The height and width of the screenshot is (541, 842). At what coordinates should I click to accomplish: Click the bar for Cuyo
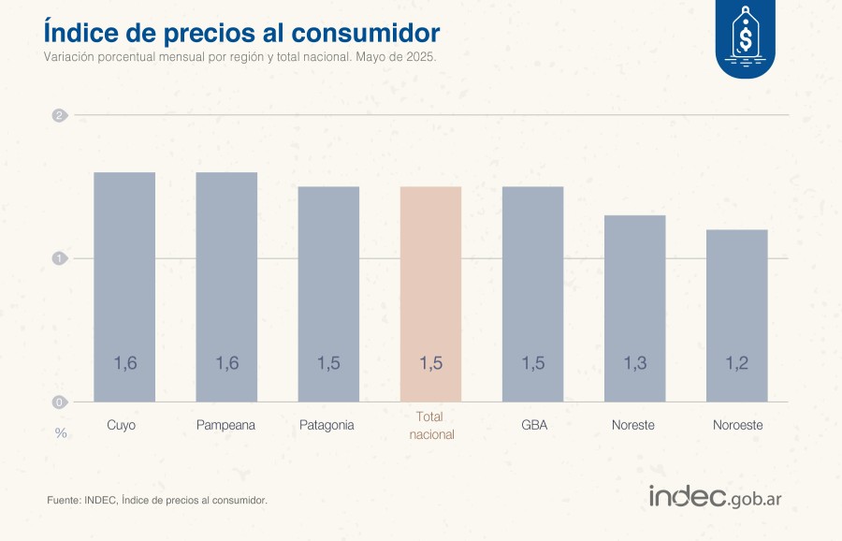tap(124, 285)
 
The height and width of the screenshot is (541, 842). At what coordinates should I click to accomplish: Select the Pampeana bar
tap(226, 285)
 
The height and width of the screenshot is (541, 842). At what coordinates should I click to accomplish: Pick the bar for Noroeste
tap(737, 314)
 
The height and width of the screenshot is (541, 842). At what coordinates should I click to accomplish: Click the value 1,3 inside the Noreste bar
tap(635, 363)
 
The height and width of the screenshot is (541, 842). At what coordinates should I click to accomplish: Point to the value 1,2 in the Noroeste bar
tap(737, 363)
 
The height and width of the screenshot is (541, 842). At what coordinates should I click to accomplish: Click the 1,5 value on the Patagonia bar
tap(328, 363)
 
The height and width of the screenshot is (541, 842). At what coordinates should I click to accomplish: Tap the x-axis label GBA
tap(534, 425)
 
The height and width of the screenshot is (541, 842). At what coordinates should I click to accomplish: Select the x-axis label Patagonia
tap(327, 425)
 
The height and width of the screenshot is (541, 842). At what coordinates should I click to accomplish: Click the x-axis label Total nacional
tap(431, 426)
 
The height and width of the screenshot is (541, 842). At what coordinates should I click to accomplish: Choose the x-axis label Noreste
tap(633, 425)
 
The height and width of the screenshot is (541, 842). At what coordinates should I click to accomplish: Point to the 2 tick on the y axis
tap(59, 116)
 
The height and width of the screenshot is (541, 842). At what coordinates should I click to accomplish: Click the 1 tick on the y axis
tap(59, 258)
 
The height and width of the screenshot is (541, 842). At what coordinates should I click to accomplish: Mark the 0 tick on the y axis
tap(59, 402)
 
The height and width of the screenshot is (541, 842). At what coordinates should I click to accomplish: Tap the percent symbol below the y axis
tap(60, 433)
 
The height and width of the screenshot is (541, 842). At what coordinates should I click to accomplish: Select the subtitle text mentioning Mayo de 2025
tap(240, 56)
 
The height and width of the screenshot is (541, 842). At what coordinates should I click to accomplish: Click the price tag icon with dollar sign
tap(746, 39)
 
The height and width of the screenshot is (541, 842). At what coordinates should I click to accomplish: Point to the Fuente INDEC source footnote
tap(157, 501)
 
